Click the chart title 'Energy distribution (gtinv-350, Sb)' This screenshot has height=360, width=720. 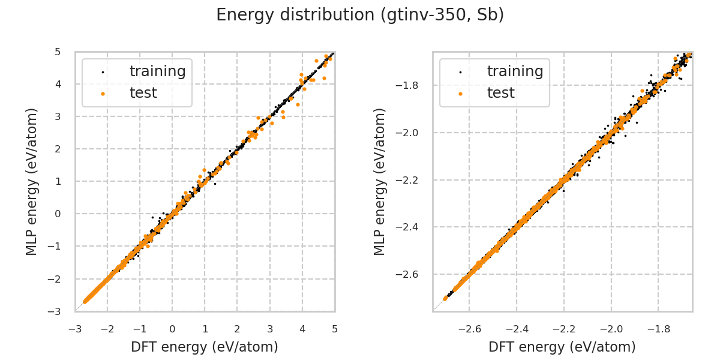click(360, 15)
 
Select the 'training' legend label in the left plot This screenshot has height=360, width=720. click(157, 71)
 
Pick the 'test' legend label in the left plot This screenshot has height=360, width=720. click(143, 93)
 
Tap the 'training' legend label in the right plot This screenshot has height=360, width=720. click(515, 71)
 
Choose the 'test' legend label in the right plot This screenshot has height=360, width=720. click(500, 93)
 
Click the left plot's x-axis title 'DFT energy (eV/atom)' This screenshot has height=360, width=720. click(205, 347)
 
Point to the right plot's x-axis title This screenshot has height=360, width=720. click(562, 347)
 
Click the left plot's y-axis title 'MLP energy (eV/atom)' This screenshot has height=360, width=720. click(32, 181)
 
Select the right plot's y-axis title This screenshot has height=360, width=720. click(380, 181)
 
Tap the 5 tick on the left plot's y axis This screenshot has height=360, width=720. click(58, 52)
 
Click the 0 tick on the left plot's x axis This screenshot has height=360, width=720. click(172, 329)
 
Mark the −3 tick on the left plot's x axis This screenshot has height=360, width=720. click(75, 329)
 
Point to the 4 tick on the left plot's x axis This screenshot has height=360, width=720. click(302, 329)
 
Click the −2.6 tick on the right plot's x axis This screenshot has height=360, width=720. click(469, 329)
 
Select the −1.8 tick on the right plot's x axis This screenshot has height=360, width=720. click(658, 329)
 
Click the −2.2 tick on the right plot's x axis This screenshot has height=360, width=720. click(564, 329)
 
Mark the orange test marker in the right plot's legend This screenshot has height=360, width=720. click(460, 94)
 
